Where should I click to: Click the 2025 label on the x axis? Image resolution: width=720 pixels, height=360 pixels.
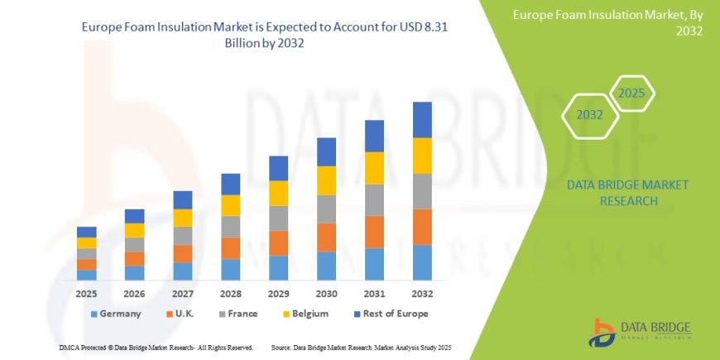pyautogui.click(x=86, y=294)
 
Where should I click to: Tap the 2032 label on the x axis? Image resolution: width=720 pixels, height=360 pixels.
pyautogui.click(x=423, y=294)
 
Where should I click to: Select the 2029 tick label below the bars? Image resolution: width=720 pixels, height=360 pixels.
pyautogui.click(x=278, y=294)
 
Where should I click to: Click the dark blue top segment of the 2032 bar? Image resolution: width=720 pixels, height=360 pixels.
pyautogui.click(x=423, y=119)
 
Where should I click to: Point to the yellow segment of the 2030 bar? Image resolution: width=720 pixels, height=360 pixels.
pyautogui.click(x=327, y=180)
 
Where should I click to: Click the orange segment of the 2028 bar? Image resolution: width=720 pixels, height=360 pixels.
pyautogui.click(x=230, y=248)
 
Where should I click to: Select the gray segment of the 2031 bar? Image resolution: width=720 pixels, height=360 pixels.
pyautogui.click(x=375, y=199)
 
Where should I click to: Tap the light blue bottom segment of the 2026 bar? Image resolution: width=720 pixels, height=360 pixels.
pyautogui.click(x=134, y=273)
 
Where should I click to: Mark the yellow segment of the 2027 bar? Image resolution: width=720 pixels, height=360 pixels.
pyautogui.click(x=182, y=218)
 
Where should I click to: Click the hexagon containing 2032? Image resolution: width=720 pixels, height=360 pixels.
pyautogui.click(x=589, y=115)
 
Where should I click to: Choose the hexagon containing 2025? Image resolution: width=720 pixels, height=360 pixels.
pyautogui.click(x=631, y=93)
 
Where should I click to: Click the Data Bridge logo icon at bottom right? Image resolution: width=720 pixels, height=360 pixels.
pyautogui.click(x=602, y=332)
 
